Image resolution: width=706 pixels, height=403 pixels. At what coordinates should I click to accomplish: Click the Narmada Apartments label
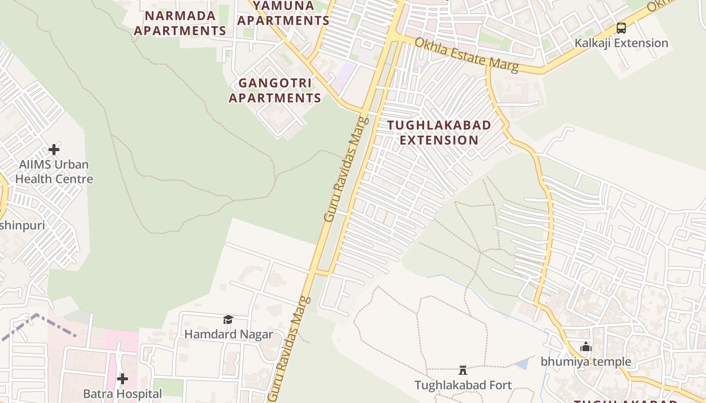tap(180, 23)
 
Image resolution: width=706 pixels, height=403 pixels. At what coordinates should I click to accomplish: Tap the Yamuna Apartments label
tap(283, 14)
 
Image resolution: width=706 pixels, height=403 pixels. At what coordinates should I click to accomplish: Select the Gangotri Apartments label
tap(275, 90)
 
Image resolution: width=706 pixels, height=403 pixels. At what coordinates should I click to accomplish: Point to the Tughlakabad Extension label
tap(439, 132)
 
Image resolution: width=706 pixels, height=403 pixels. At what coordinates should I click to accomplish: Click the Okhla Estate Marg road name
tap(466, 54)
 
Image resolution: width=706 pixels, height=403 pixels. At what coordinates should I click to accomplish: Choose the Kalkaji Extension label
tap(621, 43)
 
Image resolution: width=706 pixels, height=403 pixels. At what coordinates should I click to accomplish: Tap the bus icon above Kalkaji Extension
tap(621, 28)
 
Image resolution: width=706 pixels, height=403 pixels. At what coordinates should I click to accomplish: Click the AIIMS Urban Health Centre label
tap(54, 172)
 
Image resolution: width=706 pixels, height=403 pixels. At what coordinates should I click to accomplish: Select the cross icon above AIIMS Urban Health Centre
tap(54, 150)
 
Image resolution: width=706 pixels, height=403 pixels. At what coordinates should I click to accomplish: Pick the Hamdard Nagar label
tap(228, 334)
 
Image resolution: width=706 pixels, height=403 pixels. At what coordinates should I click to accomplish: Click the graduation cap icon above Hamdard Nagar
tap(228, 319)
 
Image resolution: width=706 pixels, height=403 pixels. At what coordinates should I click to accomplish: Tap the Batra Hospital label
tap(123, 393)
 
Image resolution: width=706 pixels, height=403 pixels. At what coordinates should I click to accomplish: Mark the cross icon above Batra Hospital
tap(123, 379)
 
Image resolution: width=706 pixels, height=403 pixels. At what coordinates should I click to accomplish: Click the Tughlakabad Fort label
tap(463, 385)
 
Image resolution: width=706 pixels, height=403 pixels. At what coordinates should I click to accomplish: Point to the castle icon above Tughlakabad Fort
tap(463, 371)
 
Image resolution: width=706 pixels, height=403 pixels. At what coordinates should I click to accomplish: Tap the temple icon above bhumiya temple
tap(586, 347)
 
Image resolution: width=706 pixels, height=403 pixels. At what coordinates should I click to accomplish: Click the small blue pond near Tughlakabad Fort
tap(522, 364)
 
